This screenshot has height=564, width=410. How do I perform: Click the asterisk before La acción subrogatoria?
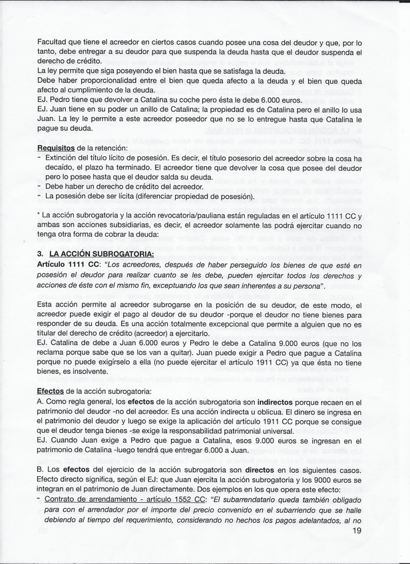[x=39, y=215]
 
